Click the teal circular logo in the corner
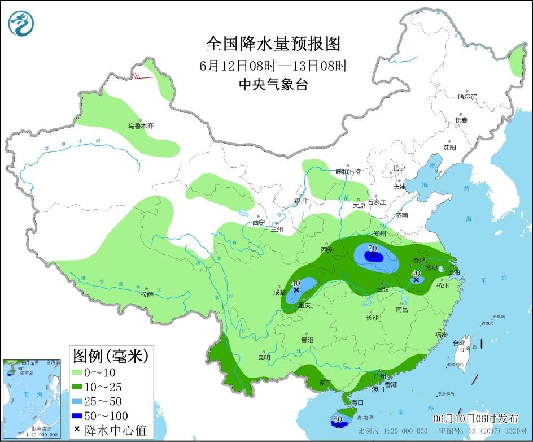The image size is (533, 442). point(21,23)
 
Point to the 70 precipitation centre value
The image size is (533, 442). point(372,248)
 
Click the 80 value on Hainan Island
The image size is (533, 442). point(338,419)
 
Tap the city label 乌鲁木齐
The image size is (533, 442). point(141,127)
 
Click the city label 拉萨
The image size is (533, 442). point(147,294)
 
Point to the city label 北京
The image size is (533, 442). point(400,168)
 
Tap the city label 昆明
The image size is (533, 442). point(264,357)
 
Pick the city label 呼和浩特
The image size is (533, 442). point(348,171)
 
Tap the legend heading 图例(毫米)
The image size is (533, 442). point(110,356)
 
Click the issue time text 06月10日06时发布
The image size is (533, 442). point(475,419)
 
